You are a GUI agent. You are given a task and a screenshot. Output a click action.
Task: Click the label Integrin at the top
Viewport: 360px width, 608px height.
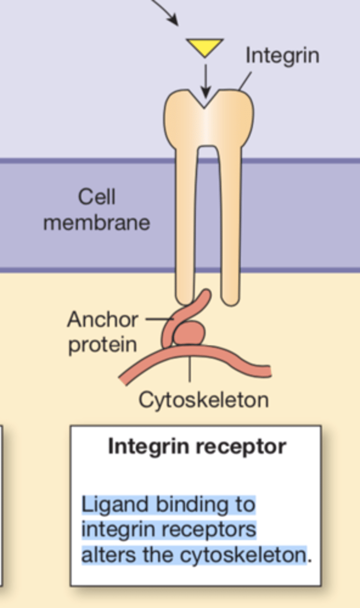pyautogui.click(x=282, y=55)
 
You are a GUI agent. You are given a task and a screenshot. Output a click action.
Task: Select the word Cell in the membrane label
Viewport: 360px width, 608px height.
pyautogui.click(x=96, y=197)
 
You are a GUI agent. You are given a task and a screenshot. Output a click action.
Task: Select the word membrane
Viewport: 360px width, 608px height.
pyautogui.click(x=96, y=223)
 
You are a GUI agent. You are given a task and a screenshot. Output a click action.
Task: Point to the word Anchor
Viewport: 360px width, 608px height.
pyautogui.click(x=102, y=320)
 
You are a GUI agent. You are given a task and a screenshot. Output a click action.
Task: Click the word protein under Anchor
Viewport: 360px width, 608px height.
pyautogui.click(x=102, y=345)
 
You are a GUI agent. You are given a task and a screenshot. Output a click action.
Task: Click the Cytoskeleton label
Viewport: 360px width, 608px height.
pyautogui.click(x=204, y=400)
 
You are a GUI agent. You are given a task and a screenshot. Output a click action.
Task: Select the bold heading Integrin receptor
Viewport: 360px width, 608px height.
pyautogui.click(x=197, y=446)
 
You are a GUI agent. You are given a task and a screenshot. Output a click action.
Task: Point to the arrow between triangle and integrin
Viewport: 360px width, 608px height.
pyautogui.click(x=205, y=79)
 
